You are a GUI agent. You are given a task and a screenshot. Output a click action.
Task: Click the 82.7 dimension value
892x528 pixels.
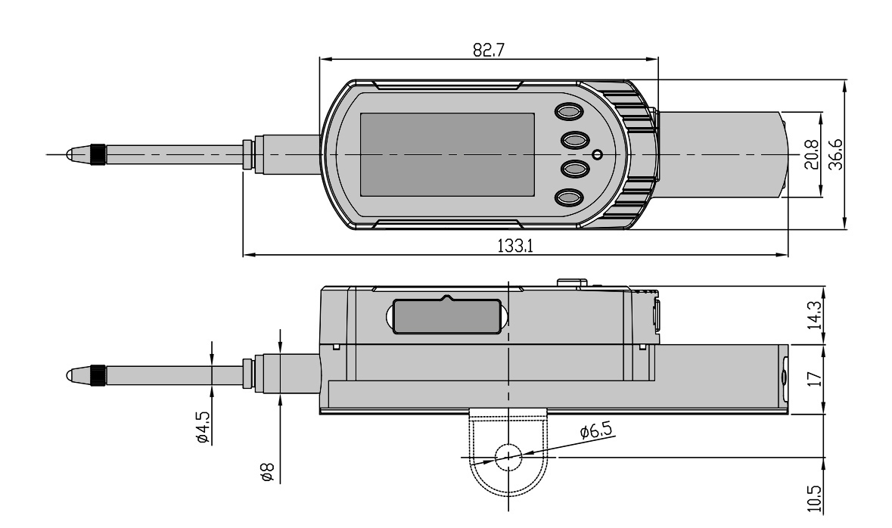tap(488, 50)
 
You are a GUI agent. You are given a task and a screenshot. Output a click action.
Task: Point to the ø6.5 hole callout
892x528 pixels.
tap(596, 432)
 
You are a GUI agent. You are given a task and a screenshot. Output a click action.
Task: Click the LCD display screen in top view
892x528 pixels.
tap(447, 154)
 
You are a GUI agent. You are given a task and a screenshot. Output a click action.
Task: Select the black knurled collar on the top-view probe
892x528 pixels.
tap(98, 154)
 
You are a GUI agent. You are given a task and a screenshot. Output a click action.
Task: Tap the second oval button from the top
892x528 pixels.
tap(574, 141)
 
